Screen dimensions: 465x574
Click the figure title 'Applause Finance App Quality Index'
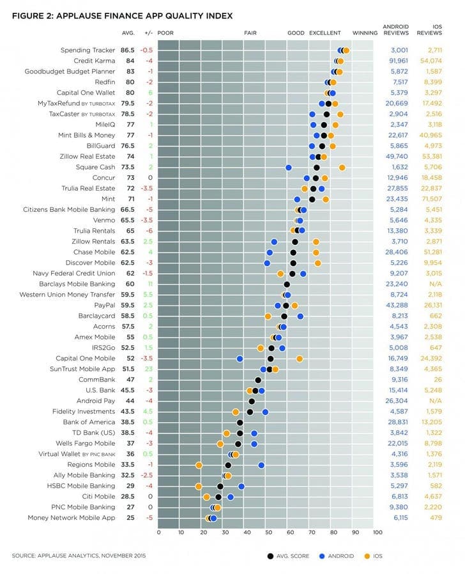[144, 16]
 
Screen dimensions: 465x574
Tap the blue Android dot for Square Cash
[289, 168]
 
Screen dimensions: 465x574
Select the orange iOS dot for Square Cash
[342, 168]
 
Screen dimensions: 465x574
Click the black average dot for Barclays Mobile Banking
[287, 284]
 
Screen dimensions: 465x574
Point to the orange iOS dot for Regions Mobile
[199, 466]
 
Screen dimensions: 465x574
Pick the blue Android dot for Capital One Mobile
[240, 358]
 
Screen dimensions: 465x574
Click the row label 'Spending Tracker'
[88, 50]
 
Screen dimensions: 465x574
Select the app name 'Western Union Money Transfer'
[67, 295]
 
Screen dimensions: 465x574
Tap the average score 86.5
[128, 50]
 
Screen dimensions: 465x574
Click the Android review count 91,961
[399, 61]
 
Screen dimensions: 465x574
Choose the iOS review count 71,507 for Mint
[432, 199]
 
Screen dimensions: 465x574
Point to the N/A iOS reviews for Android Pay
[436, 401]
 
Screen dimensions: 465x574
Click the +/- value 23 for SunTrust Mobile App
[149, 369]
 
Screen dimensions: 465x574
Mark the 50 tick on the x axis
[268, 533]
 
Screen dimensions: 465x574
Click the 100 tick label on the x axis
[377, 533]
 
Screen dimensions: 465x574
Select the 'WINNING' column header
[365, 33]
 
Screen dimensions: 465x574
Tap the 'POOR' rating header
[165, 33]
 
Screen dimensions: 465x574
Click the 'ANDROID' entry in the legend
[341, 556]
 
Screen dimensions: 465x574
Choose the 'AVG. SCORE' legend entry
[293, 556]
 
